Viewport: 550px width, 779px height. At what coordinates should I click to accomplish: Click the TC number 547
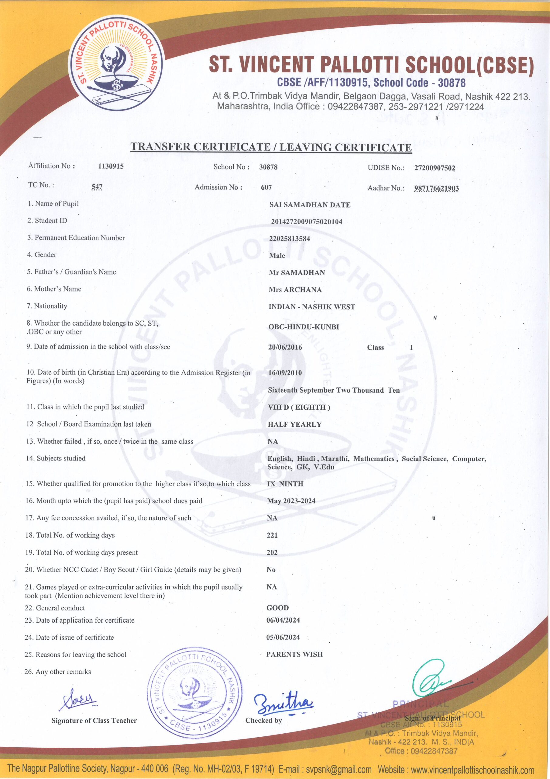(x=97, y=186)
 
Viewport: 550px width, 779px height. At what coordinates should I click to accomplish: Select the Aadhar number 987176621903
(x=436, y=188)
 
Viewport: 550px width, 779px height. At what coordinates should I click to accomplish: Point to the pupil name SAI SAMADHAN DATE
(x=310, y=204)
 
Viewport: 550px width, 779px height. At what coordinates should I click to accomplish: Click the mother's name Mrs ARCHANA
(x=295, y=289)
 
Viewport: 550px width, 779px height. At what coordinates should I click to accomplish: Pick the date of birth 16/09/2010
(x=285, y=372)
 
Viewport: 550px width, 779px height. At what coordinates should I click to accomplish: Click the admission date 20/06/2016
(x=285, y=347)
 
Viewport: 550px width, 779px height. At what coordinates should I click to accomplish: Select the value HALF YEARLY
(x=294, y=424)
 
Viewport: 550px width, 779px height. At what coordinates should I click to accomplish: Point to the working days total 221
(x=272, y=535)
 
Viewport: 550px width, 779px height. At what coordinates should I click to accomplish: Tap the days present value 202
(x=272, y=552)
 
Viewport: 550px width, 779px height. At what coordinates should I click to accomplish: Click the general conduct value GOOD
(x=277, y=608)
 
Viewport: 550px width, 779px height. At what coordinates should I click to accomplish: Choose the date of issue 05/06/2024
(x=283, y=637)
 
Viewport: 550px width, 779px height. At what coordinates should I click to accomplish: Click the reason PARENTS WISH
(x=294, y=654)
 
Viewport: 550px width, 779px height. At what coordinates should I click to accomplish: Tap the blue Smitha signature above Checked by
(x=283, y=703)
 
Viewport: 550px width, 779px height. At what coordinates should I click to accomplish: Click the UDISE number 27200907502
(x=435, y=168)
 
